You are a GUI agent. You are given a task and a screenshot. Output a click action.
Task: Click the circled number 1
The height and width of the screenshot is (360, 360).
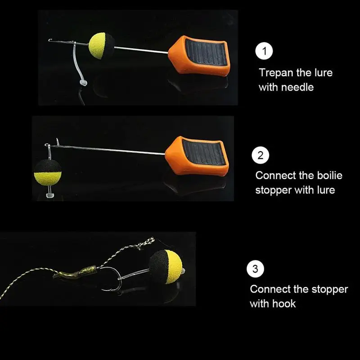pos(264,51)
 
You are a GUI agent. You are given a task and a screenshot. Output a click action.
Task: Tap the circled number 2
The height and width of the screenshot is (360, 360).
pos(261,155)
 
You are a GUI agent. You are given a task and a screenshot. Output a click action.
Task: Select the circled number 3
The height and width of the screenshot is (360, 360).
pos(255,269)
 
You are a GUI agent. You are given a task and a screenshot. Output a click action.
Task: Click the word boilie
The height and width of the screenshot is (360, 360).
pos(330,175)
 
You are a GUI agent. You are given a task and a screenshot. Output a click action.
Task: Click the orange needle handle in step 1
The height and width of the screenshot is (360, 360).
pos(199,56)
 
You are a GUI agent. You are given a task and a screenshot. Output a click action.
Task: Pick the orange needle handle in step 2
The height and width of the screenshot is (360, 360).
pos(197,156)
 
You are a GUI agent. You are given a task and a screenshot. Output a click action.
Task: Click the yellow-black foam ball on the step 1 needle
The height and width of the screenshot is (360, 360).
pos(102,46)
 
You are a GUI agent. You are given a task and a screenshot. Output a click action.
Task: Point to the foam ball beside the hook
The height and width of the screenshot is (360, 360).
pos(166,267)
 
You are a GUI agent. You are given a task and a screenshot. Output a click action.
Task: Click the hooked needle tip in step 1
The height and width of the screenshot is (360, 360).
pos(50,40)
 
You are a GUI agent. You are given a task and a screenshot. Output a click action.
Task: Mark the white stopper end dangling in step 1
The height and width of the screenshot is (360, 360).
pos(83,83)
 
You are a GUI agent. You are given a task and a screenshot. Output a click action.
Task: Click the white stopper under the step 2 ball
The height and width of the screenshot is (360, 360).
pos(50,195)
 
